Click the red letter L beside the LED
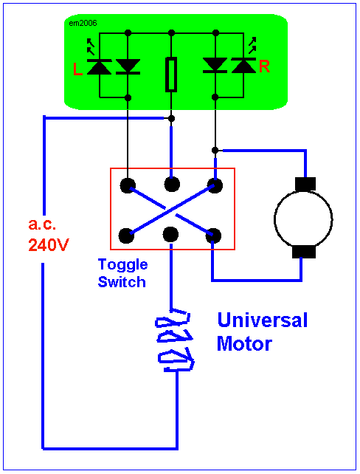coord(77,69)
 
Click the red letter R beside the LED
coord(264,66)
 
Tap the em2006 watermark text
coord(83,24)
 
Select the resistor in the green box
coord(171,74)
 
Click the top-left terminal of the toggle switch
coord(128,185)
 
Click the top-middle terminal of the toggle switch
coord(172,184)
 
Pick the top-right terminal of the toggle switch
coord(215,185)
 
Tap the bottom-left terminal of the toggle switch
coord(127,236)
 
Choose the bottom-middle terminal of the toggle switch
coord(170,235)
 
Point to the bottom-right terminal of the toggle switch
coord(213,236)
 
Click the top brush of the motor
coord(305,184)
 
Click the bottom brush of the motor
coord(304,252)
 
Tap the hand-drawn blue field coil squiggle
coord(175,340)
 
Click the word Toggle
coord(123,265)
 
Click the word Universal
coord(263,320)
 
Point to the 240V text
coord(49,245)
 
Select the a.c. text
coord(42,224)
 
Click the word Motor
coord(244,344)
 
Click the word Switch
coord(122,282)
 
